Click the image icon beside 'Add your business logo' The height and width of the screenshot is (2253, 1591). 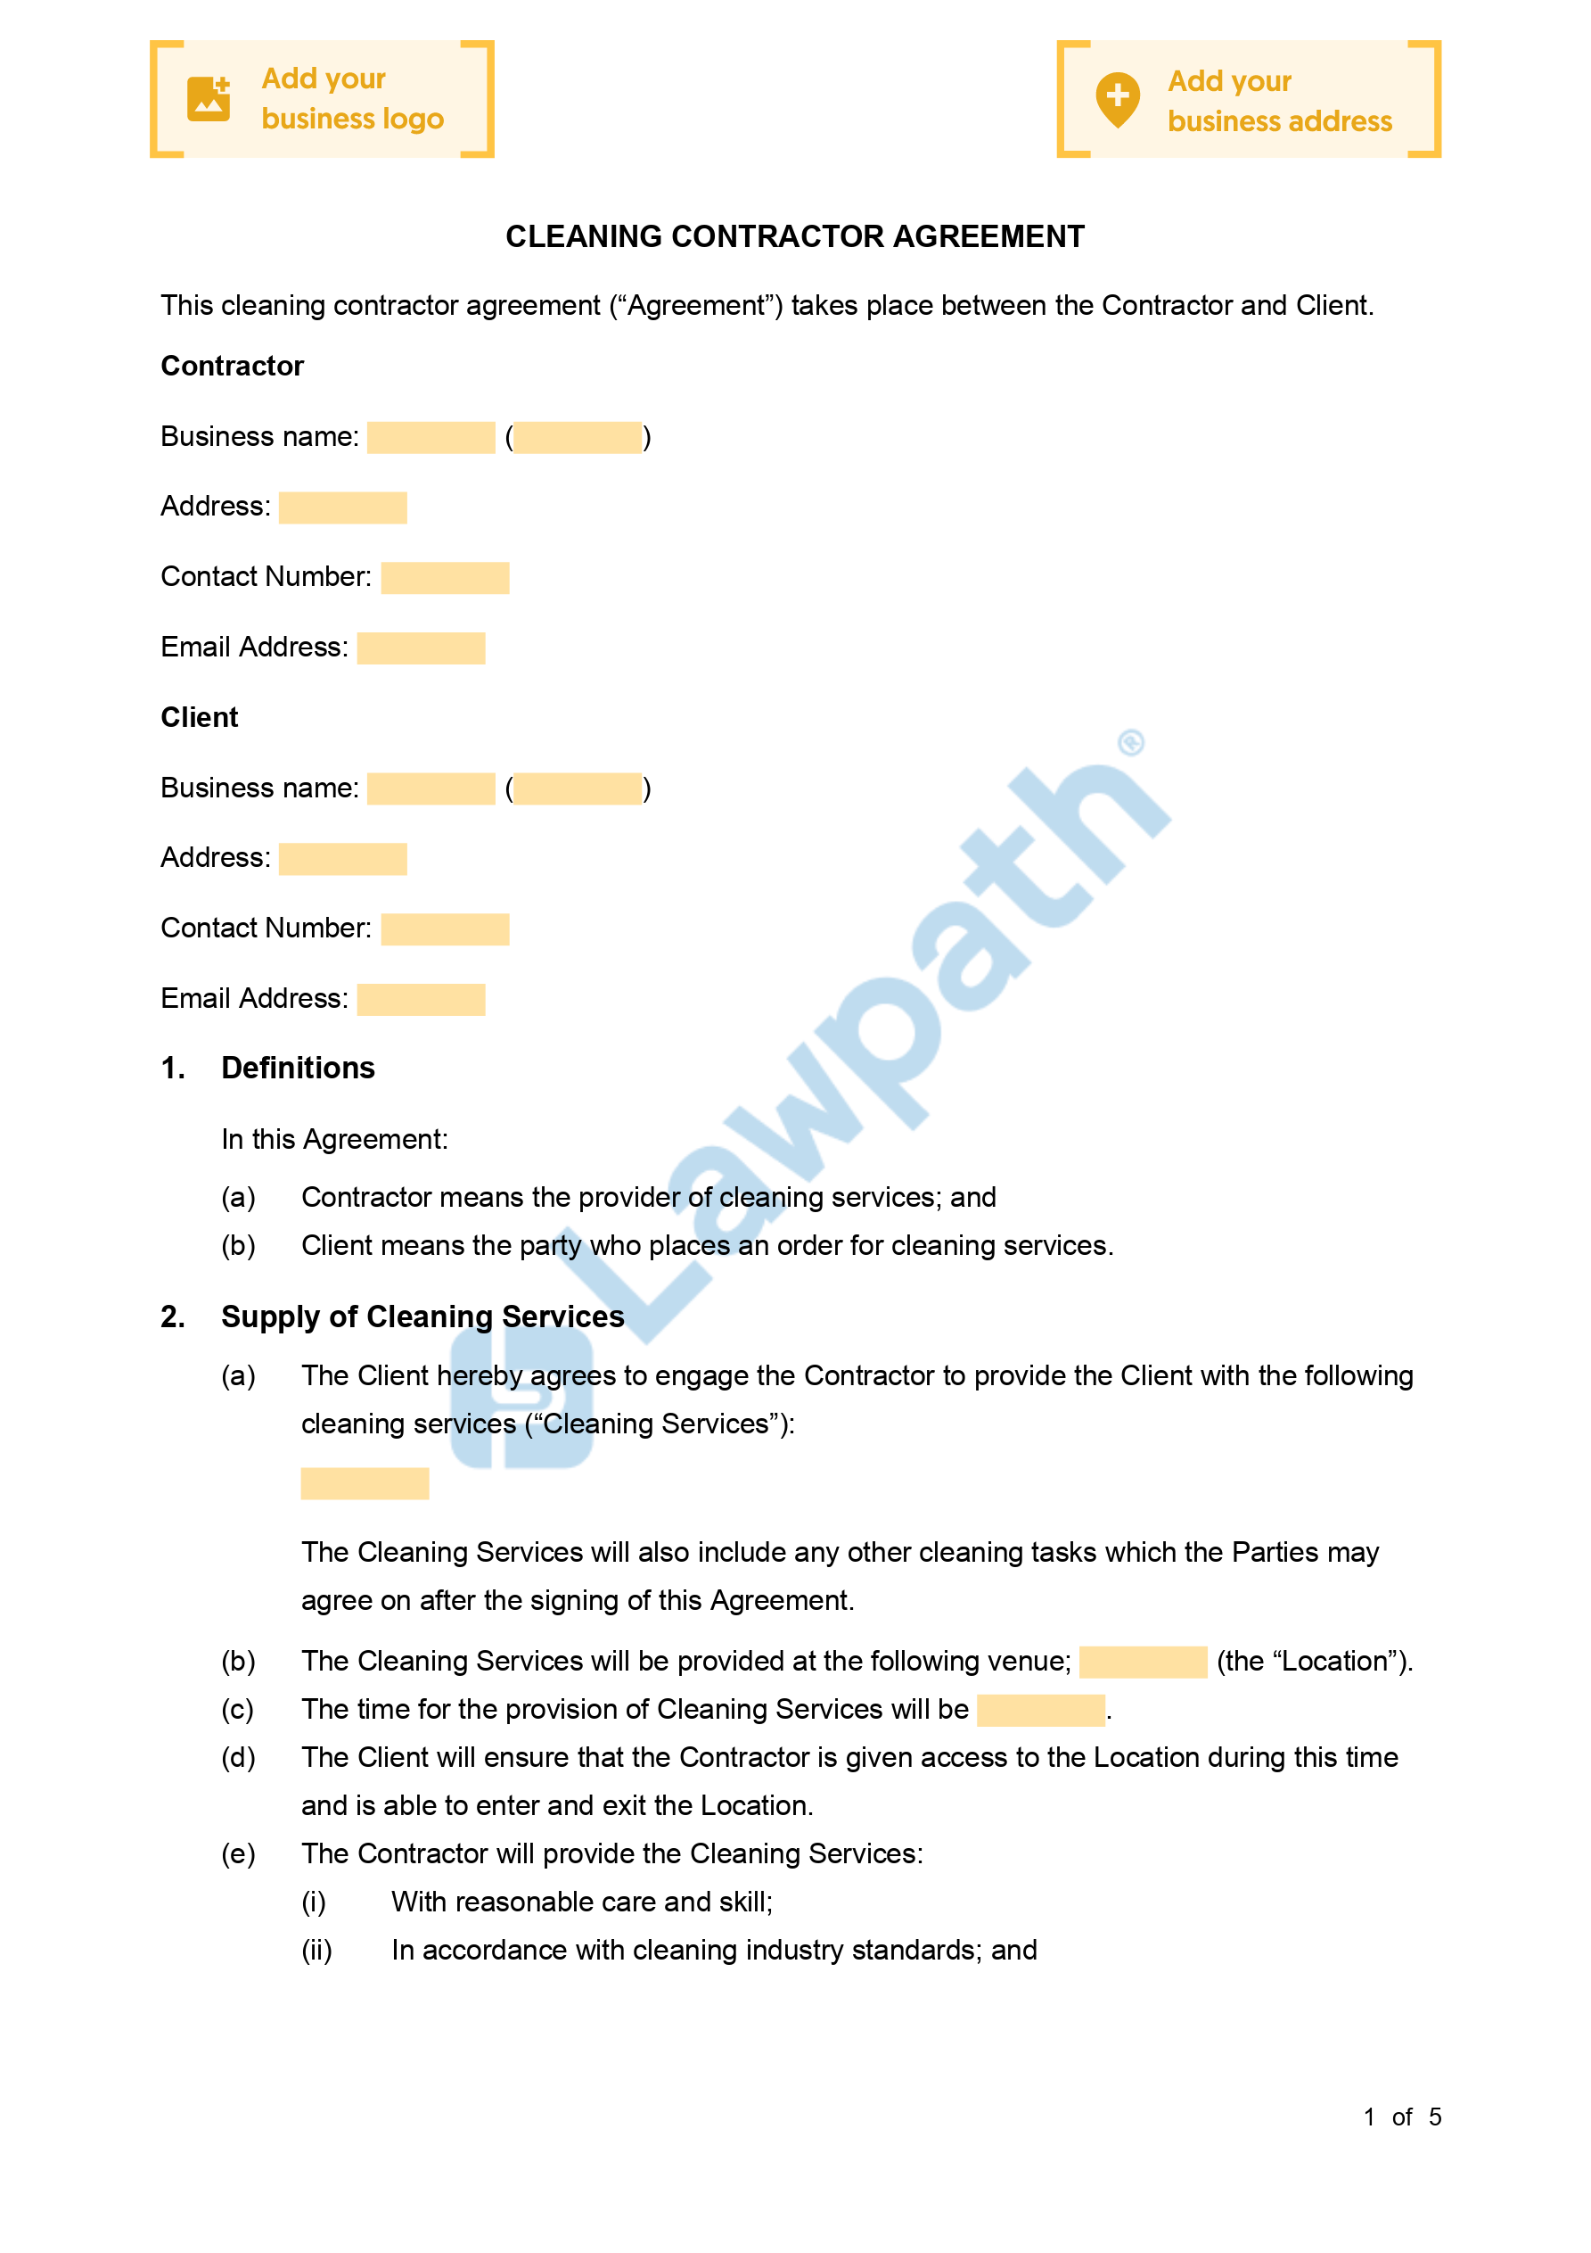point(208,99)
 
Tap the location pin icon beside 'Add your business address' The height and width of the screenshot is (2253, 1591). point(1117,99)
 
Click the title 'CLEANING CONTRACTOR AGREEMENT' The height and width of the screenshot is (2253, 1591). point(794,236)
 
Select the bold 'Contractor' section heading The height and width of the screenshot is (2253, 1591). point(233,366)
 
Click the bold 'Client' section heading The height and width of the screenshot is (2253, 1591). point(199,717)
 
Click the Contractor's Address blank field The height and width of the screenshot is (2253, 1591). point(342,508)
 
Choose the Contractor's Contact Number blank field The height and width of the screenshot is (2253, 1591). point(445,578)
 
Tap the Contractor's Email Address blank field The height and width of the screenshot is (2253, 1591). point(421,648)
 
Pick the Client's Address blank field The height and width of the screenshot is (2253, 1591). point(342,859)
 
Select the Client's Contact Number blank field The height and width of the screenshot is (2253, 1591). point(445,929)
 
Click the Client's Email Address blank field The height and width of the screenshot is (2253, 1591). point(421,1000)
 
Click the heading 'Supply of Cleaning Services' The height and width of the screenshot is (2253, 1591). point(422,1316)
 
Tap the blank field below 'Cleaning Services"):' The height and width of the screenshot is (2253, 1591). point(365,1482)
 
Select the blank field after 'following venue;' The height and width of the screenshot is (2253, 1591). point(1143,1662)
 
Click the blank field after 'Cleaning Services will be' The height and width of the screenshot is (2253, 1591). point(1041,1710)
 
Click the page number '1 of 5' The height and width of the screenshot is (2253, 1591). point(1402,2117)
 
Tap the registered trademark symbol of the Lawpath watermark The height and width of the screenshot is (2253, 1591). point(1131,743)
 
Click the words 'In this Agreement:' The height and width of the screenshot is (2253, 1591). point(334,1139)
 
